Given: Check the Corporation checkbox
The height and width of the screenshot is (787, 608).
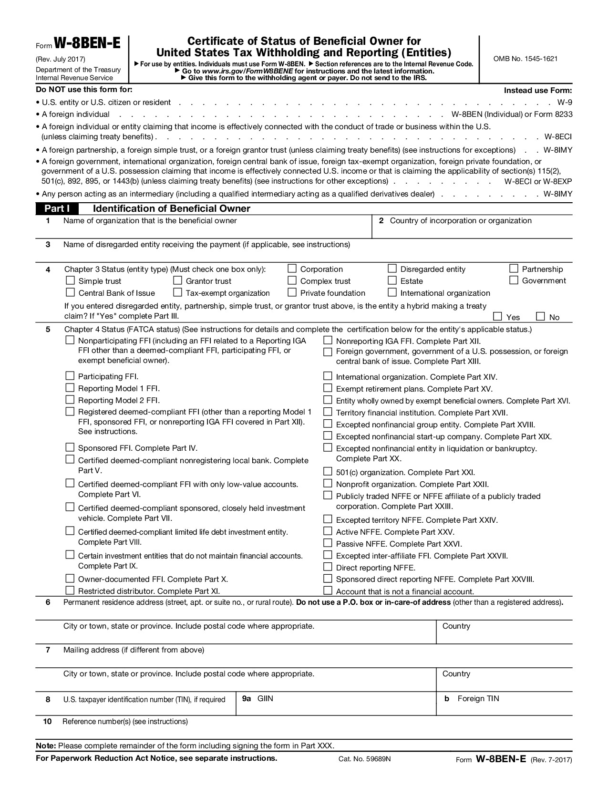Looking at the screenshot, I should (292, 269).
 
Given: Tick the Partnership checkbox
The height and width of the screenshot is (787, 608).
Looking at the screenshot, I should (514, 269).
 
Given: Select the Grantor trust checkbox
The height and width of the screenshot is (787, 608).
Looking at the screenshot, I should (178, 280).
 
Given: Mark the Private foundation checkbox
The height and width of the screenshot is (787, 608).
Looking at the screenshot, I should (292, 292).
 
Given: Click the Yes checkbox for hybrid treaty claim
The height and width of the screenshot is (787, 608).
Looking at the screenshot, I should (498, 316).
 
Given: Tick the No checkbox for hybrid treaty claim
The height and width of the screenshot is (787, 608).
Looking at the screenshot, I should (541, 316).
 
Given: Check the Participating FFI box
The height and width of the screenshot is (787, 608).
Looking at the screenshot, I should (70, 376).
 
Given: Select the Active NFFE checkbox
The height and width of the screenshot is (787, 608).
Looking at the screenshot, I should (328, 531).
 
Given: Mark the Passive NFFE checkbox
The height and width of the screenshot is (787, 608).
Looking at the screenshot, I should (328, 543).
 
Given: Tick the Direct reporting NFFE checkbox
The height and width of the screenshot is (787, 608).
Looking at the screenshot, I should (328, 567).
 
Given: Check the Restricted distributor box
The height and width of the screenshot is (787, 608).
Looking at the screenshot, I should (70, 590).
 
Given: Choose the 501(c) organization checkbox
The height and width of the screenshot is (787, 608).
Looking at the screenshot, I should (328, 472).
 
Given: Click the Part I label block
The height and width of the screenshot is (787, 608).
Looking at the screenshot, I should (57, 208).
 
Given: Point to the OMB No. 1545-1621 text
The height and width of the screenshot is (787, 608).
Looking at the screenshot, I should (526, 59).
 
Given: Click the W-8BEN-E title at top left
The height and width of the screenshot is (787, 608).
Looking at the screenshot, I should (87, 44).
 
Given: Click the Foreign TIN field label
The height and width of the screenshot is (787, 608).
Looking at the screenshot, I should (478, 699).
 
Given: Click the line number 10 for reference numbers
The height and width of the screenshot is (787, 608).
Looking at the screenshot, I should (47, 722).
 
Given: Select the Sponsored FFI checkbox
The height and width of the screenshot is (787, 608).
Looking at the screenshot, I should (70, 447).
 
